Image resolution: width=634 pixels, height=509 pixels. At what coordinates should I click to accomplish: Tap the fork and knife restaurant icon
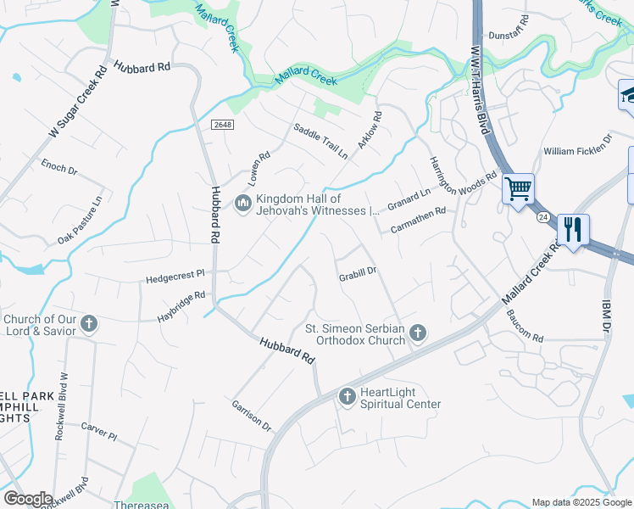tap(573, 229)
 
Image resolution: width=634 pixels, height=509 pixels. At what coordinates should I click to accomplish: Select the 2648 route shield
tap(222, 124)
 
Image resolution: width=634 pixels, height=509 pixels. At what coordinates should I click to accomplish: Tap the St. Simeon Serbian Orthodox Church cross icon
tap(417, 333)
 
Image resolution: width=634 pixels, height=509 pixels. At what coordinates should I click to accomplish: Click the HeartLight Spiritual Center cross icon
tap(347, 396)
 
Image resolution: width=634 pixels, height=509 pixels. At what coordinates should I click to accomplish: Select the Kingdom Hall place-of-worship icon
tap(242, 204)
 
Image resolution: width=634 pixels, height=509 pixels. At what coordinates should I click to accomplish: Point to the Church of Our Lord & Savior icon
tap(89, 324)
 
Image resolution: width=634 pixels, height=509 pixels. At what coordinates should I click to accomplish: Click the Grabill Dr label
tap(357, 273)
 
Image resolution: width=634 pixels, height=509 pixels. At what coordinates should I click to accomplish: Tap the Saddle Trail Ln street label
tap(320, 142)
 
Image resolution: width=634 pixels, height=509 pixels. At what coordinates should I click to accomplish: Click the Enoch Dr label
tap(58, 170)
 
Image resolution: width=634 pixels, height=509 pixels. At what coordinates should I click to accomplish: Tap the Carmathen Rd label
tap(418, 221)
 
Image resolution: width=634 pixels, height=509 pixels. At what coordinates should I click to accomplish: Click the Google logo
tap(28, 499)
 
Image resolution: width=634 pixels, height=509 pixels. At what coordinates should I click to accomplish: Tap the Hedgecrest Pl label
tap(175, 275)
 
